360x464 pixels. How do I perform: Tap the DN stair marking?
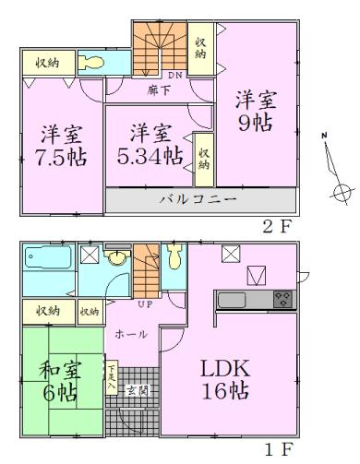pos(176,75)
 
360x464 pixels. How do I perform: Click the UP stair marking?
pos(145,303)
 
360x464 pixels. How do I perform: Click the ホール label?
pos(130,335)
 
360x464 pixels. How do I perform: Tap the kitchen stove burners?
pos(282,299)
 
